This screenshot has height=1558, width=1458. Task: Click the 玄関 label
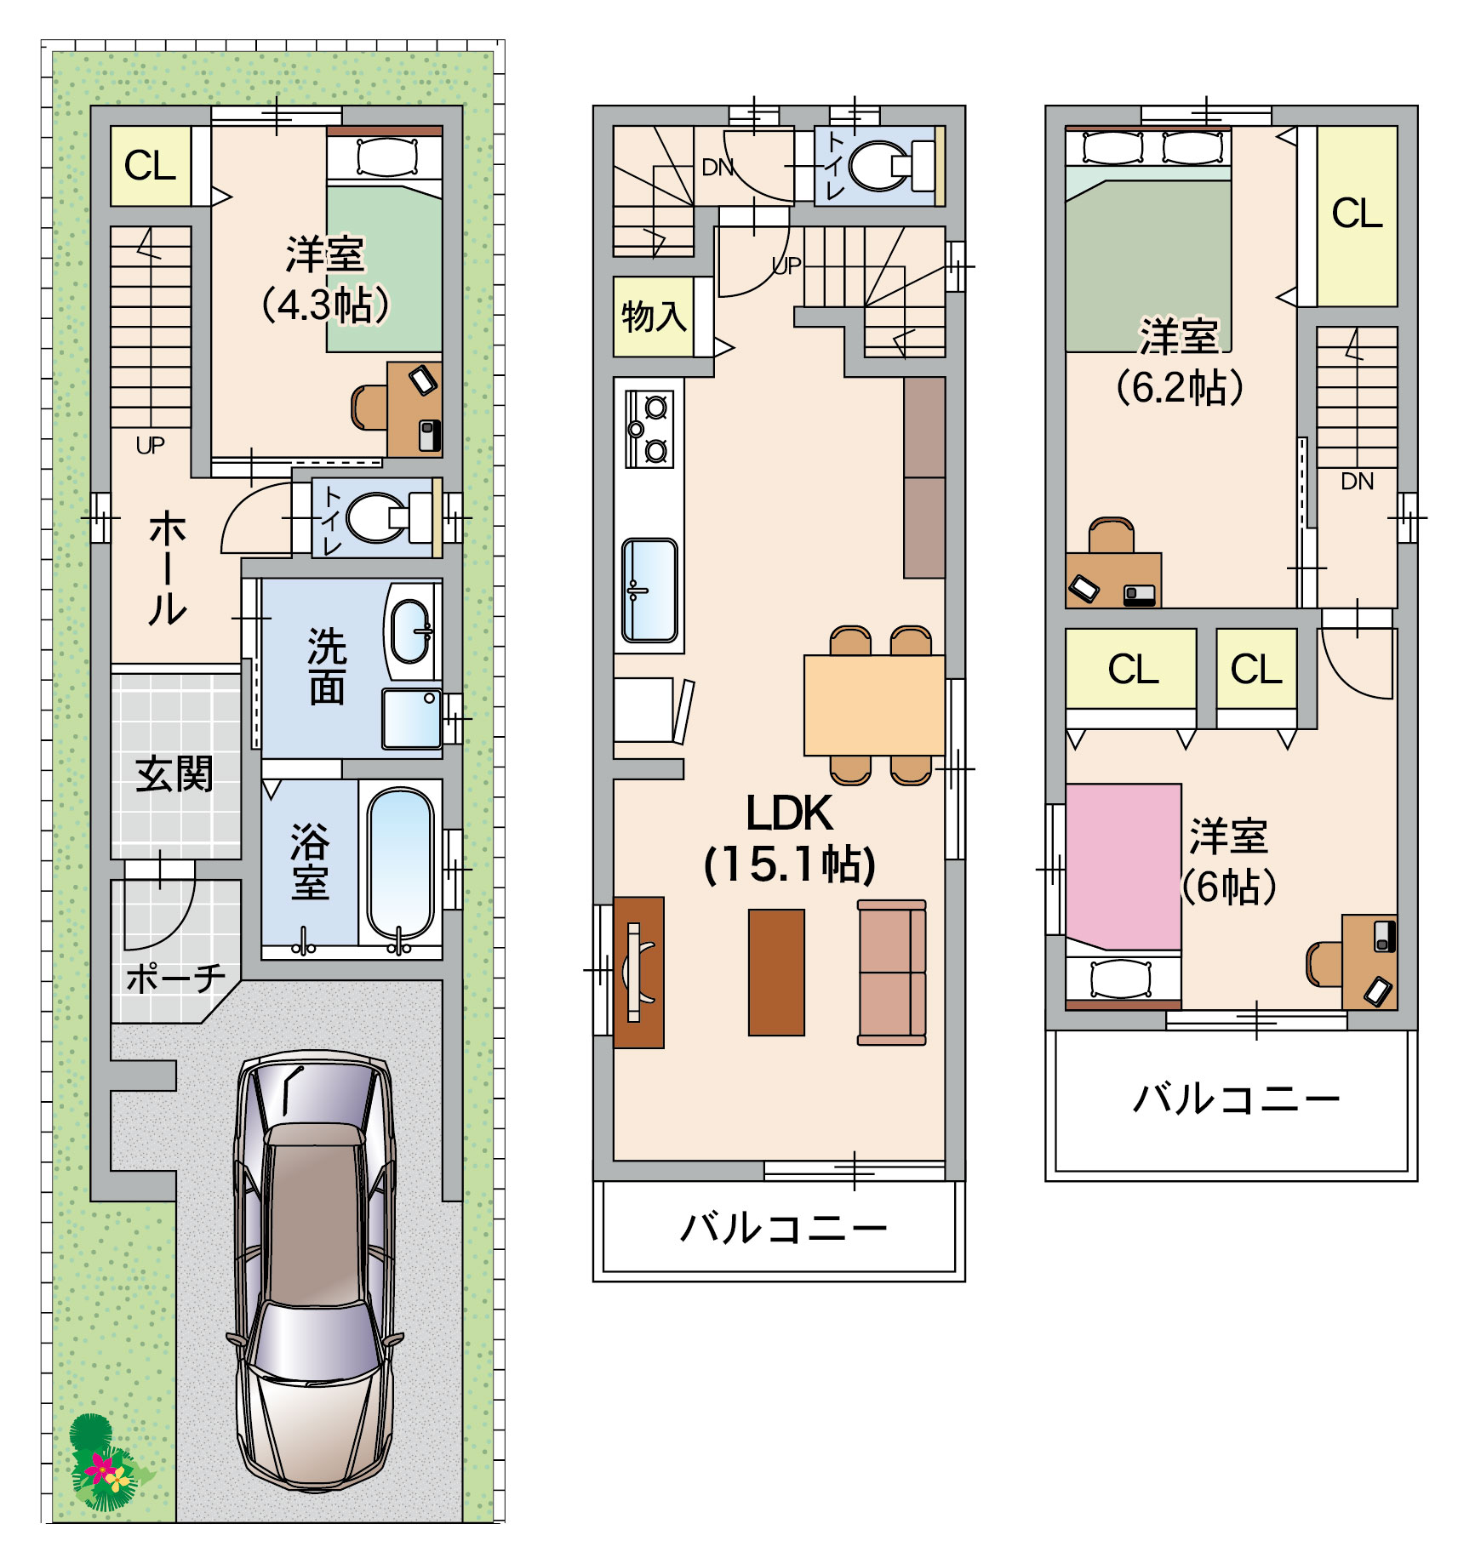click(174, 774)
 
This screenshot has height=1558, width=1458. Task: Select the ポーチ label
click(175, 979)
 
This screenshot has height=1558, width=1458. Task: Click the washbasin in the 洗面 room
click(411, 631)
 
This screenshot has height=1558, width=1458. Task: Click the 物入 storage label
click(654, 317)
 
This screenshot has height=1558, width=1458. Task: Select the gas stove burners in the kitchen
click(649, 429)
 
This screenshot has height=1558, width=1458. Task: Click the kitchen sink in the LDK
click(649, 590)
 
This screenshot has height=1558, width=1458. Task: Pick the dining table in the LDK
click(874, 705)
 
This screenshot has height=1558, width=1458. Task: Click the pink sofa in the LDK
click(892, 972)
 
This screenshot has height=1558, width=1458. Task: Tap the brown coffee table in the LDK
click(776, 973)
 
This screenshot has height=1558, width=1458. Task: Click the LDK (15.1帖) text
click(790, 839)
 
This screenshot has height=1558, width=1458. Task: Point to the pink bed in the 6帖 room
click(1124, 866)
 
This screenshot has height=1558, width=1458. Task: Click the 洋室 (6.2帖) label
click(1180, 362)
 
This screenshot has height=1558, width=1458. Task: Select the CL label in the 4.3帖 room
click(150, 165)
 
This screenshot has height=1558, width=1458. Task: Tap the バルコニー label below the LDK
click(784, 1229)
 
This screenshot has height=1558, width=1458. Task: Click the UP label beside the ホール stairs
click(151, 445)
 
